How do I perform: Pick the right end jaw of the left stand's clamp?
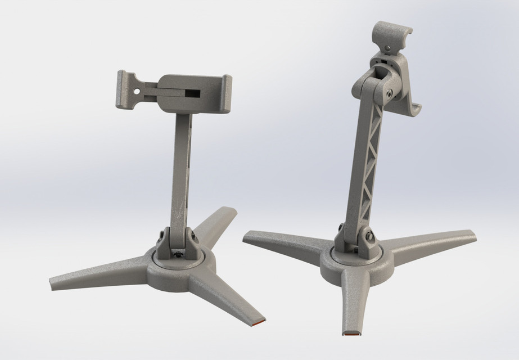pos(227,93)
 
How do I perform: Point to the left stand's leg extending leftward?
pos(96,275)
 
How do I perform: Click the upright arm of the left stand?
pos(181,169)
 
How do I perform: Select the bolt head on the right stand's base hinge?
pos(369,237)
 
